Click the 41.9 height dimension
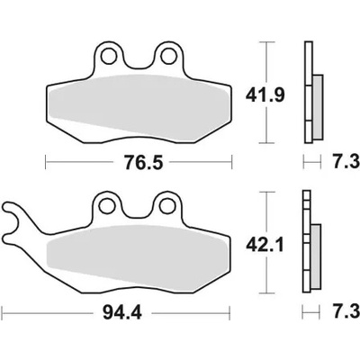(x=265, y=95)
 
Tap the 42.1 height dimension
(x=265, y=246)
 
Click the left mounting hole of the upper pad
(x=109, y=56)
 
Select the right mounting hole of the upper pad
(x=168, y=56)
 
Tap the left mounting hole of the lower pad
(x=107, y=206)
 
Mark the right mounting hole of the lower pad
(x=166, y=206)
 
